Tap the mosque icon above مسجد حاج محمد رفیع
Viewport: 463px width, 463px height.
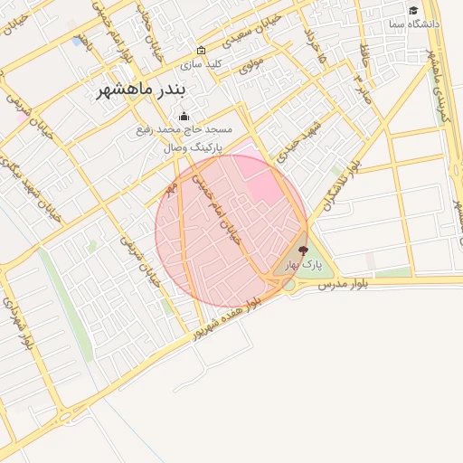[184, 116]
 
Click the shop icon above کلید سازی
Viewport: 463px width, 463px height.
[201, 51]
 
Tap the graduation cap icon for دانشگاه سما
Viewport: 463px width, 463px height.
[413, 11]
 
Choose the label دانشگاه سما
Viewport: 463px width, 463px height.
[414, 24]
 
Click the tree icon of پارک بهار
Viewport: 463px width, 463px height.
[302, 250]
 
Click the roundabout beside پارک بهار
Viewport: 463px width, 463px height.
[288, 284]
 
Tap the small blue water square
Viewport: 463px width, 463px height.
[75, 41]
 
